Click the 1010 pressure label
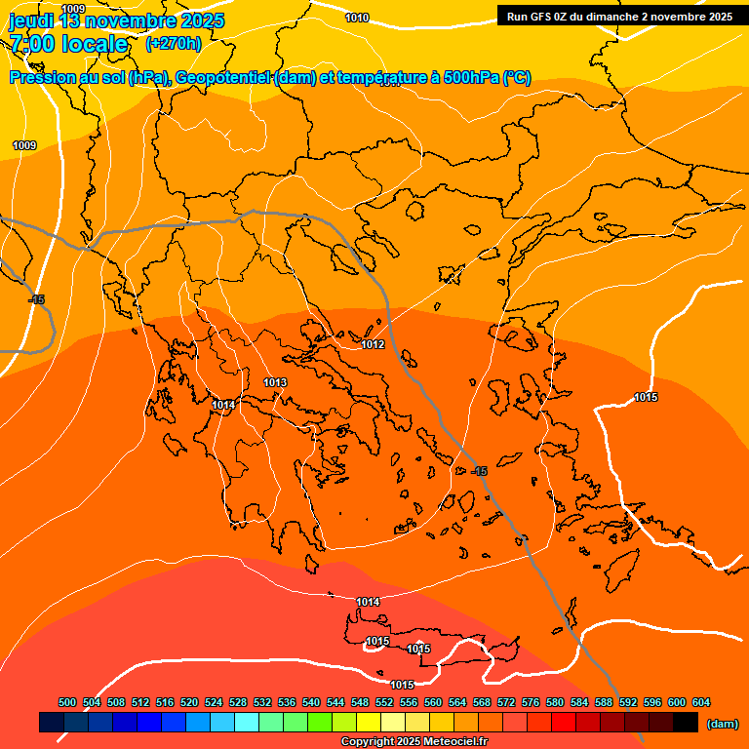pos(357,18)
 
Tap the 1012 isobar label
pos(373,344)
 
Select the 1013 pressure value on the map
pos(275,382)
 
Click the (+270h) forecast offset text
pos(174,43)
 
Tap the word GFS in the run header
pos(540,17)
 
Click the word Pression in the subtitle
pos(42,78)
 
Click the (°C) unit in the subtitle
pos(517,78)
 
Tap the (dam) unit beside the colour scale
pos(722,723)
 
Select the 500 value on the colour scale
pos(67,702)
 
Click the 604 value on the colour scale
pos(701,702)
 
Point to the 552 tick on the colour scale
pos(384,702)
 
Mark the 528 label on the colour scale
pos(238,702)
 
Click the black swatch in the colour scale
pos(686,723)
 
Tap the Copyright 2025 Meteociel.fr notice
pos(414,741)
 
